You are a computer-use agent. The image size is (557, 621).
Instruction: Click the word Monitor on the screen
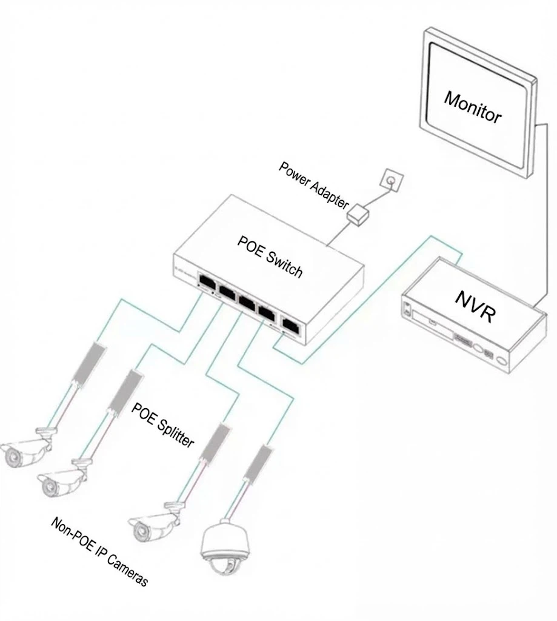pos(473,107)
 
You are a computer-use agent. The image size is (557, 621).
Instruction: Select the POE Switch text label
pos(270,255)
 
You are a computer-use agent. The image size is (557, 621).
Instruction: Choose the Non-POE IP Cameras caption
pos(99,551)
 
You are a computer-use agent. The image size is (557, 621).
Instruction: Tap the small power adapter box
pos(358,212)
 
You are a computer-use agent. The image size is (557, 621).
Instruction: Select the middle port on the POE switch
pos(247,301)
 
